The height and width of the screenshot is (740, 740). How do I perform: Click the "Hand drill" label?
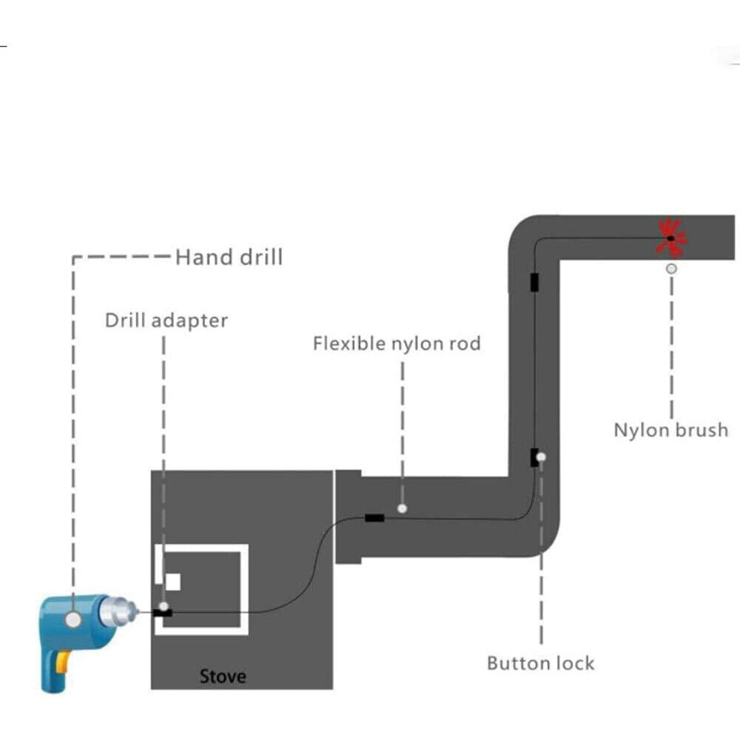[229, 257]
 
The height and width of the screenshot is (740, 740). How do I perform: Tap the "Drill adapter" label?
[166, 320]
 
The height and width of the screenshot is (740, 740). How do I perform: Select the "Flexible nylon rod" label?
[397, 343]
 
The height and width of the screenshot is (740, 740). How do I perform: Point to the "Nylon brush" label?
[670, 430]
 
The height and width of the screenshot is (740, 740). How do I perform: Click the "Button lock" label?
[540, 662]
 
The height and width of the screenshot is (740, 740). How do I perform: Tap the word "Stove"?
[223, 676]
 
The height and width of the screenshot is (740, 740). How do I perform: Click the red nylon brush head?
[671, 238]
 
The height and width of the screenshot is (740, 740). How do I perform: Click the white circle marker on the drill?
[73, 619]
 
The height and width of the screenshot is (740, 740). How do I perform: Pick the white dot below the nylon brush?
[671, 269]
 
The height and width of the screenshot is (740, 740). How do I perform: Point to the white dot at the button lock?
[542, 457]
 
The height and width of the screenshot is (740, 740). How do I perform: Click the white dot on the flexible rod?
[402, 508]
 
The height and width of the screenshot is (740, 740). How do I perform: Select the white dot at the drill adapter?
[164, 606]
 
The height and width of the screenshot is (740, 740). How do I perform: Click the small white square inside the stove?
[172, 582]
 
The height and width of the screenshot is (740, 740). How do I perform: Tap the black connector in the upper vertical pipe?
[534, 282]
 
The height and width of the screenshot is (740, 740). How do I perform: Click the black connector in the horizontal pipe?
[374, 518]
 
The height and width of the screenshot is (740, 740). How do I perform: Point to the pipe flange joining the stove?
[348, 517]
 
